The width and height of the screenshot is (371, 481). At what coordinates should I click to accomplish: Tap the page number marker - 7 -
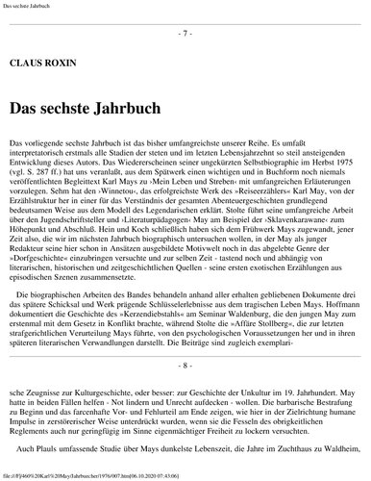[x=185, y=33]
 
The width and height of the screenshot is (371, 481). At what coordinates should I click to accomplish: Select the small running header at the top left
[x=29, y=5]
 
